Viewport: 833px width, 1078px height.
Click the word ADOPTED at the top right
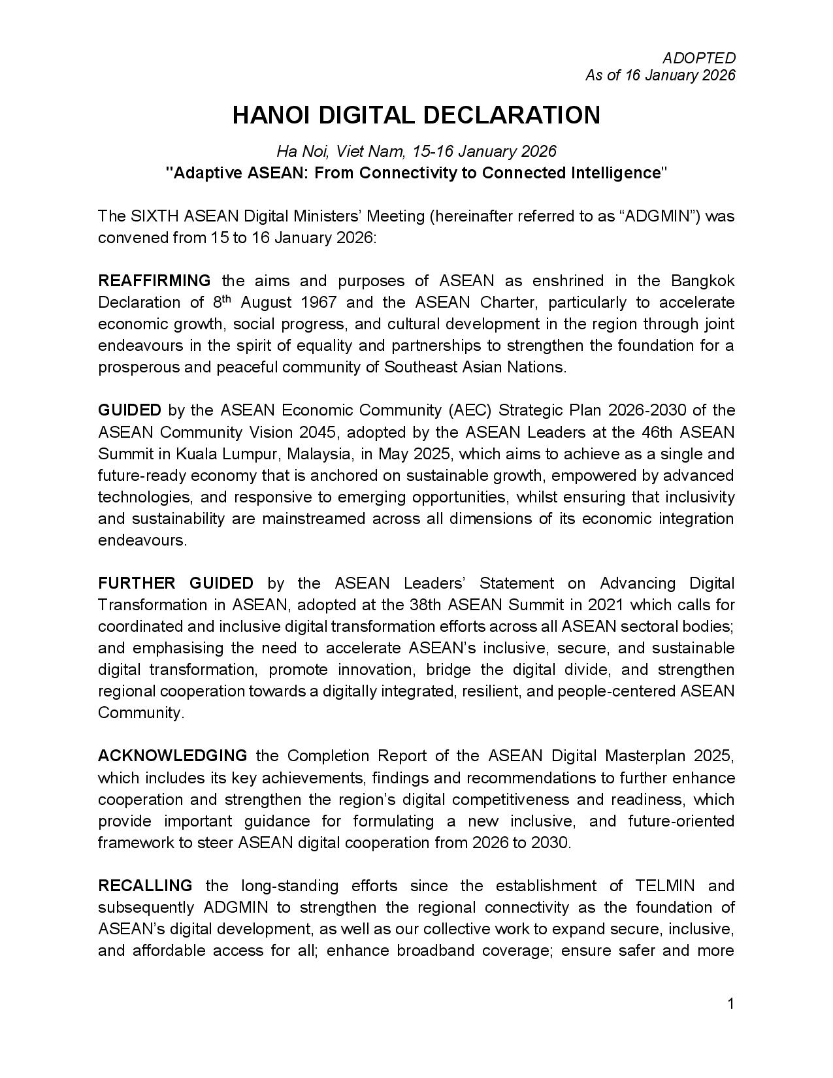click(x=699, y=58)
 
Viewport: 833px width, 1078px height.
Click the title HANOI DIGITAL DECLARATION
click(x=416, y=115)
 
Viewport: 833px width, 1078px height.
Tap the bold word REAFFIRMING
click(x=154, y=281)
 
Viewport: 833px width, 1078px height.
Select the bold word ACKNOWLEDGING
click(x=172, y=756)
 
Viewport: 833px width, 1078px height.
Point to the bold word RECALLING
click(x=145, y=886)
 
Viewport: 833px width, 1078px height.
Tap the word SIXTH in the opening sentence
click(x=156, y=216)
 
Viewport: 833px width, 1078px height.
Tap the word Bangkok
click(x=702, y=281)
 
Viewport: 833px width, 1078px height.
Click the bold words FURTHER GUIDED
click(x=176, y=583)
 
